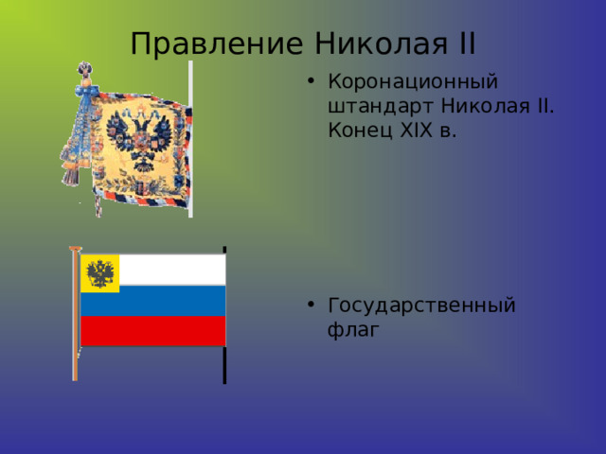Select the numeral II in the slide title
(464, 44)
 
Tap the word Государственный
(420, 306)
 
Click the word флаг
(352, 330)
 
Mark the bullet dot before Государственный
(313, 306)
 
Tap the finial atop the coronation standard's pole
(86, 71)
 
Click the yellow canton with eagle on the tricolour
(99, 273)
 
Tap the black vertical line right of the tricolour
(224, 364)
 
